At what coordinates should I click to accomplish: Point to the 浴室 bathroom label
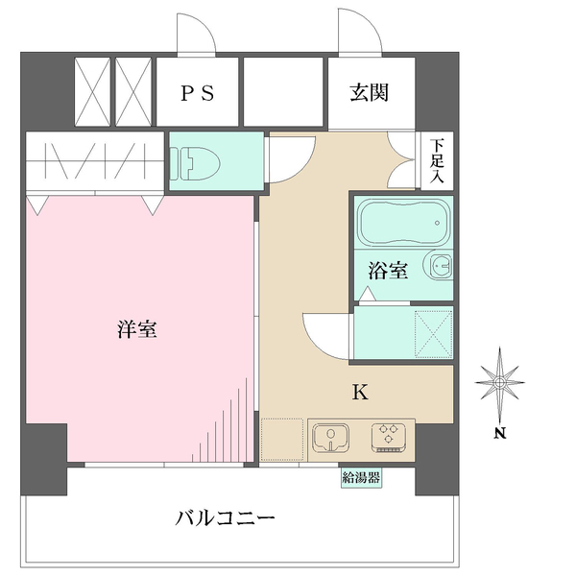(x=389, y=271)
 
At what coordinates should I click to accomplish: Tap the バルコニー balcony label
(x=226, y=517)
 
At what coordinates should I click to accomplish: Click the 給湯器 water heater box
(x=361, y=476)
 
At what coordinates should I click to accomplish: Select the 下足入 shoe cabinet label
(x=438, y=161)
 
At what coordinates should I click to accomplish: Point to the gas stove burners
(x=389, y=437)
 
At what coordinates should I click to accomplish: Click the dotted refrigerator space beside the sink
(x=282, y=439)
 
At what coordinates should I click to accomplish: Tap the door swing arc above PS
(x=196, y=31)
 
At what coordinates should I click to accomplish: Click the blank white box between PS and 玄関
(x=283, y=92)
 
